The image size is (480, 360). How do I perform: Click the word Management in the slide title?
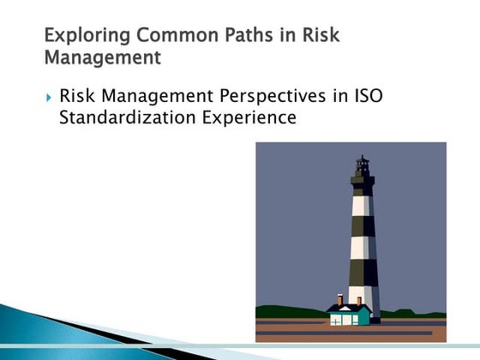102,59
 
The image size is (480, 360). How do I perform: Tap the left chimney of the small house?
340,300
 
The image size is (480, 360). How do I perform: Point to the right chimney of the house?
359,300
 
